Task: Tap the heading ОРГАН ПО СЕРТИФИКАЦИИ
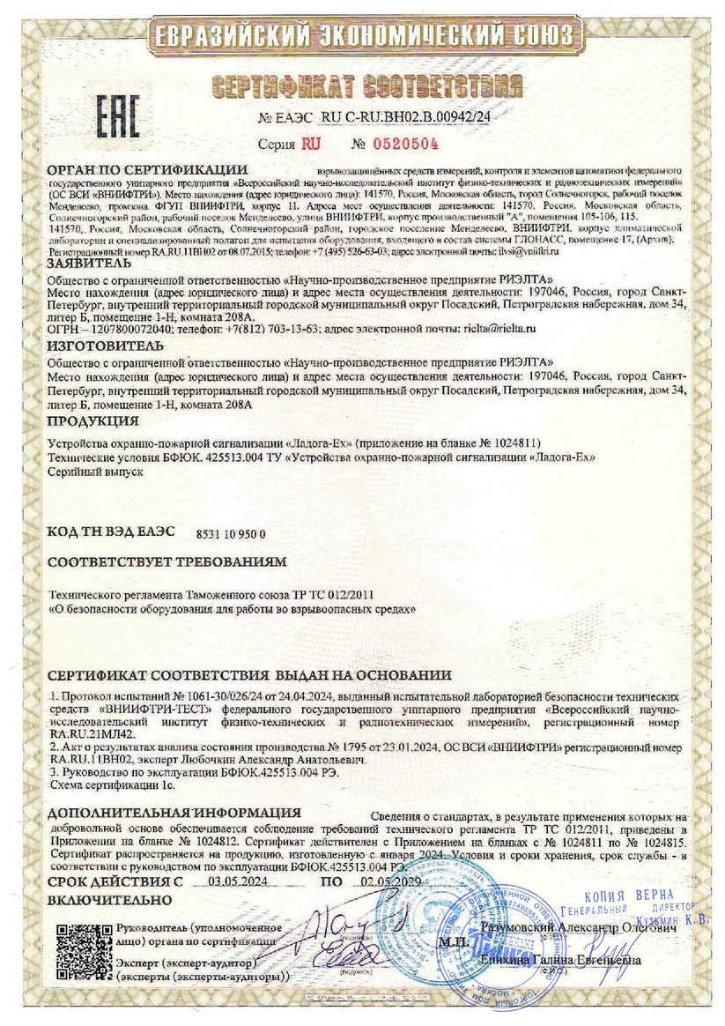(x=146, y=168)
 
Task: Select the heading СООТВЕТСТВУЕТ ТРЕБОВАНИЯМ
(x=166, y=561)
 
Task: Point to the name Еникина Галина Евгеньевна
(x=576, y=960)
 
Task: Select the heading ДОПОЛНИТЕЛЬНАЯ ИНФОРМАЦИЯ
(x=174, y=812)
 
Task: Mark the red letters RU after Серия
(x=310, y=143)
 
